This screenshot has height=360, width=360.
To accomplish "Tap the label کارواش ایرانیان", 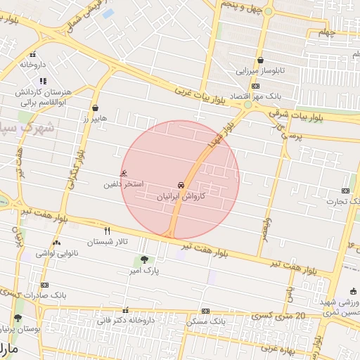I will (181, 197).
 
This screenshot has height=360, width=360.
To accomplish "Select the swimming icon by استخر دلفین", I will (125, 173).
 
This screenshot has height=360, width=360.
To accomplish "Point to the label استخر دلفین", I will (124, 184).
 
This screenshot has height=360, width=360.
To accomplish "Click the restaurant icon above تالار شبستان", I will (107, 231).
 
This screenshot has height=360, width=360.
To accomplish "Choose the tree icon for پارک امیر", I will (145, 259).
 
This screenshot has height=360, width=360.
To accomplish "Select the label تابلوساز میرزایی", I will (261, 71).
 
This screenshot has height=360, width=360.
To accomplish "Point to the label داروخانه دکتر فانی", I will (125, 321).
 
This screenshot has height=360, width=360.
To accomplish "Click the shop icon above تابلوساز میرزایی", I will (261, 60).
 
